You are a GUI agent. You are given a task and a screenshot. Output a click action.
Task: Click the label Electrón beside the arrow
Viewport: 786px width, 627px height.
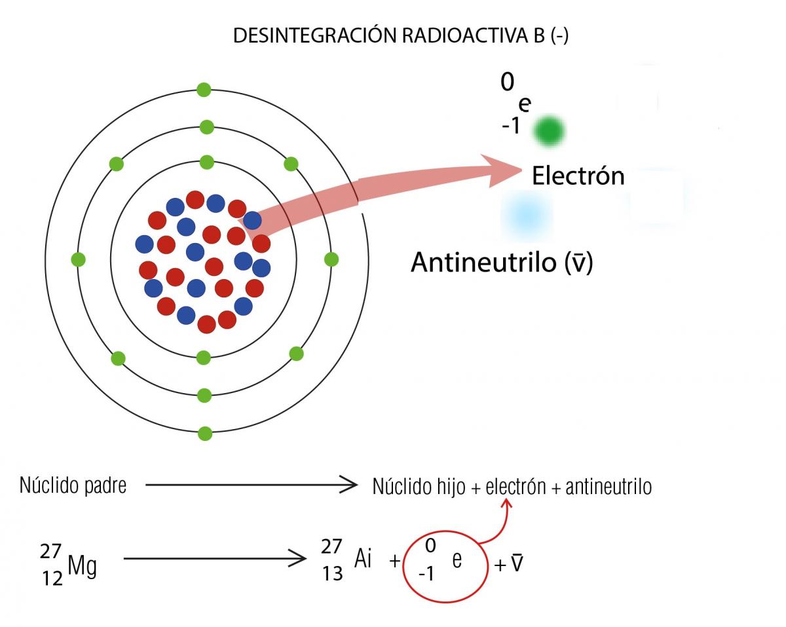tap(578, 176)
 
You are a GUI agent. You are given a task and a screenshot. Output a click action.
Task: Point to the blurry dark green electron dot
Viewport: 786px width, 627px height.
tap(549, 131)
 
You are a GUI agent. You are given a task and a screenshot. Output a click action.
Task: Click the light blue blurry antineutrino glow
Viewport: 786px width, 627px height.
tap(527, 216)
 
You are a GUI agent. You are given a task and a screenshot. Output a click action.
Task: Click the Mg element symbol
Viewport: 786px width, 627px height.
tap(83, 567)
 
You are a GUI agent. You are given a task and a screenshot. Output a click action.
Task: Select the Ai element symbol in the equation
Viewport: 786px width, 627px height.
tap(363, 558)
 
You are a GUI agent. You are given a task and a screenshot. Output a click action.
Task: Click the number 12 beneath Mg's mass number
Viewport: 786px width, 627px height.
tap(52, 579)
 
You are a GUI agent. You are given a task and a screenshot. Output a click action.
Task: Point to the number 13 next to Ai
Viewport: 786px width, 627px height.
tap(332, 573)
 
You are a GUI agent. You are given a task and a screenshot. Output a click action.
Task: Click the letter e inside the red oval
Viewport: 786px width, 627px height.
tap(457, 560)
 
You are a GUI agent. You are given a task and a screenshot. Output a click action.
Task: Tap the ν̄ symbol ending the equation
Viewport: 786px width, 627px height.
tap(517, 563)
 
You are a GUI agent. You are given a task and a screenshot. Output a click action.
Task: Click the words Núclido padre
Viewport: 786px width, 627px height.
tap(73, 485)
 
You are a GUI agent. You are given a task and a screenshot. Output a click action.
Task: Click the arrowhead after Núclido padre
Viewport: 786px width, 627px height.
tap(350, 485)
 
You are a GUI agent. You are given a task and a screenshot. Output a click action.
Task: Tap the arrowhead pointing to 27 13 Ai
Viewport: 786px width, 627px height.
tap(297, 558)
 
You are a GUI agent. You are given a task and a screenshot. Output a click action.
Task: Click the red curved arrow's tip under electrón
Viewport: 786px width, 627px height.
tap(506, 501)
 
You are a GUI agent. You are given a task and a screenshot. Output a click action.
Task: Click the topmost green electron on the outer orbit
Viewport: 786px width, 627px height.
tap(204, 90)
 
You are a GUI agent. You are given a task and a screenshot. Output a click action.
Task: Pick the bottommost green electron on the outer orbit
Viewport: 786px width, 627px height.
tap(205, 434)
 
